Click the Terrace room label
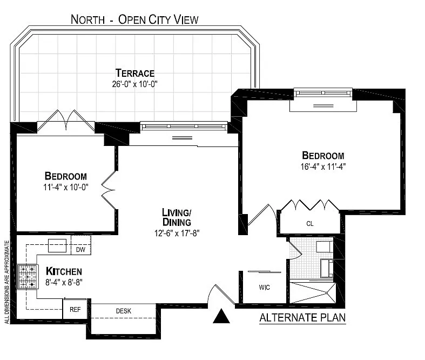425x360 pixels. [134, 73]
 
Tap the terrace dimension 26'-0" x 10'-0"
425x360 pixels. [134, 84]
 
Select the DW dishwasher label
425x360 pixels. [80, 250]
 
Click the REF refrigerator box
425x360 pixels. [75, 309]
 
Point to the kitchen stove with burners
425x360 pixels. [27, 276]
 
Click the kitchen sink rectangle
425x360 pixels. [57, 245]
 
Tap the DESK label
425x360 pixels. [124, 311]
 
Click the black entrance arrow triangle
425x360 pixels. [221, 316]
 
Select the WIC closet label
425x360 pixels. [264, 287]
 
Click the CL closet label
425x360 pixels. [310, 224]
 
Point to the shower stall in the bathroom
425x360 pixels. [313, 293]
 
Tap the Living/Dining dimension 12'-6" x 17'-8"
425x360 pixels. [177, 233]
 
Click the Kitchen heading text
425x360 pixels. [64, 271]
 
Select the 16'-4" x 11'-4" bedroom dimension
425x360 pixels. [323, 166]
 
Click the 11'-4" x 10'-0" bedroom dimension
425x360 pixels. [66, 187]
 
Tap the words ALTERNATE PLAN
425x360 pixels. [302, 317]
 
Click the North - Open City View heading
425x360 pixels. [134, 19]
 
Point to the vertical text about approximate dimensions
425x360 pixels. [7, 282]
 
